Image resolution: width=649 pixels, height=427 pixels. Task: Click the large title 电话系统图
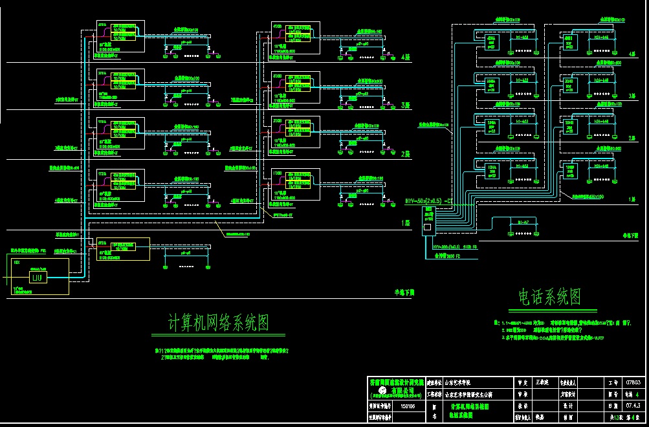(x=549, y=297)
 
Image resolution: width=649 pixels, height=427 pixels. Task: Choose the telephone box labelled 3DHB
(x=569, y=84)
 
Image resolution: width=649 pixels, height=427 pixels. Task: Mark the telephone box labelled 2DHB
(x=569, y=127)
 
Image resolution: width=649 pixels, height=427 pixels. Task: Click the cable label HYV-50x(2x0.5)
(x=428, y=201)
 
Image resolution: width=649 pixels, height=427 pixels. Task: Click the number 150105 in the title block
(x=408, y=406)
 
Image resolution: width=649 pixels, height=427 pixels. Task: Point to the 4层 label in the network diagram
(x=406, y=57)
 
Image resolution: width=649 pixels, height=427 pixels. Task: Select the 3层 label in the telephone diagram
(x=632, y=96)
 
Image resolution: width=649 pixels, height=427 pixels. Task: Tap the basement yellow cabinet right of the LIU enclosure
(x=122, y=248)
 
